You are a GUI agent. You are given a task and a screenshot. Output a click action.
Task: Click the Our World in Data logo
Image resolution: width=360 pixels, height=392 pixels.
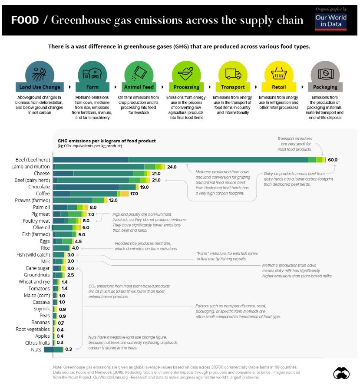(x=331, y=20)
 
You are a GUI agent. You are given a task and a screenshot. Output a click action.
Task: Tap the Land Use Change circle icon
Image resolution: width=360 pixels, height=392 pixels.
(x=40, y=72)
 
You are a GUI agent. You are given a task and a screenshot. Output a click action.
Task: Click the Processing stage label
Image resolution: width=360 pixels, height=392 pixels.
(x=186, y=87)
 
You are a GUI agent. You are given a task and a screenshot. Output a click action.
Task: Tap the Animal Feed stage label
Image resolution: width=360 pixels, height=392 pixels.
(x=139, y=87)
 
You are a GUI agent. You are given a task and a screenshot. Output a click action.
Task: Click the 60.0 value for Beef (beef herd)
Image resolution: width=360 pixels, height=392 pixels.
(x=333, y=160)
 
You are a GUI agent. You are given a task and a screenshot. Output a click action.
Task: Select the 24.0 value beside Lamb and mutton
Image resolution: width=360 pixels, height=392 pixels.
(x=172, y=167)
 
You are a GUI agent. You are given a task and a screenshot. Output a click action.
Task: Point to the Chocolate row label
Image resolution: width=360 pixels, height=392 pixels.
(x=38, y=187)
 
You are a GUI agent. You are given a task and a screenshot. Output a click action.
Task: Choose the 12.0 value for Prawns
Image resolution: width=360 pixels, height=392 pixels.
(x=113, y=200)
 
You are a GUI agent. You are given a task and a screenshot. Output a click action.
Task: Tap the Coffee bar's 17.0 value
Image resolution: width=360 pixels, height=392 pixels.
(x=134, y=194)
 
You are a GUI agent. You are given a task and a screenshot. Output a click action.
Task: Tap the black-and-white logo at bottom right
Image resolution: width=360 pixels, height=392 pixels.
(x=341, y=373)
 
